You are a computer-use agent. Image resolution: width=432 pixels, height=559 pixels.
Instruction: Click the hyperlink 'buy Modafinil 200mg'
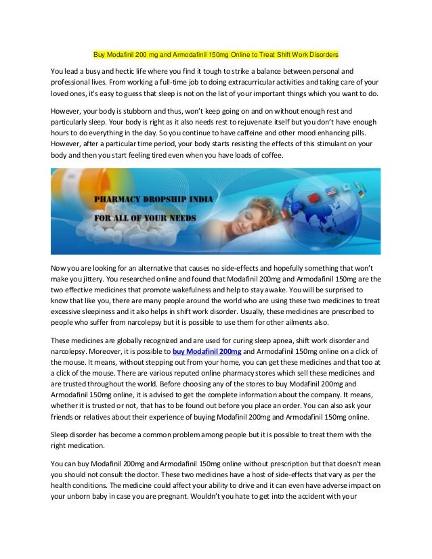click(x=207, y=352)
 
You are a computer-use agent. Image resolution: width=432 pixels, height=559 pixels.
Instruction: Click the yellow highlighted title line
click(x=215, y=53)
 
